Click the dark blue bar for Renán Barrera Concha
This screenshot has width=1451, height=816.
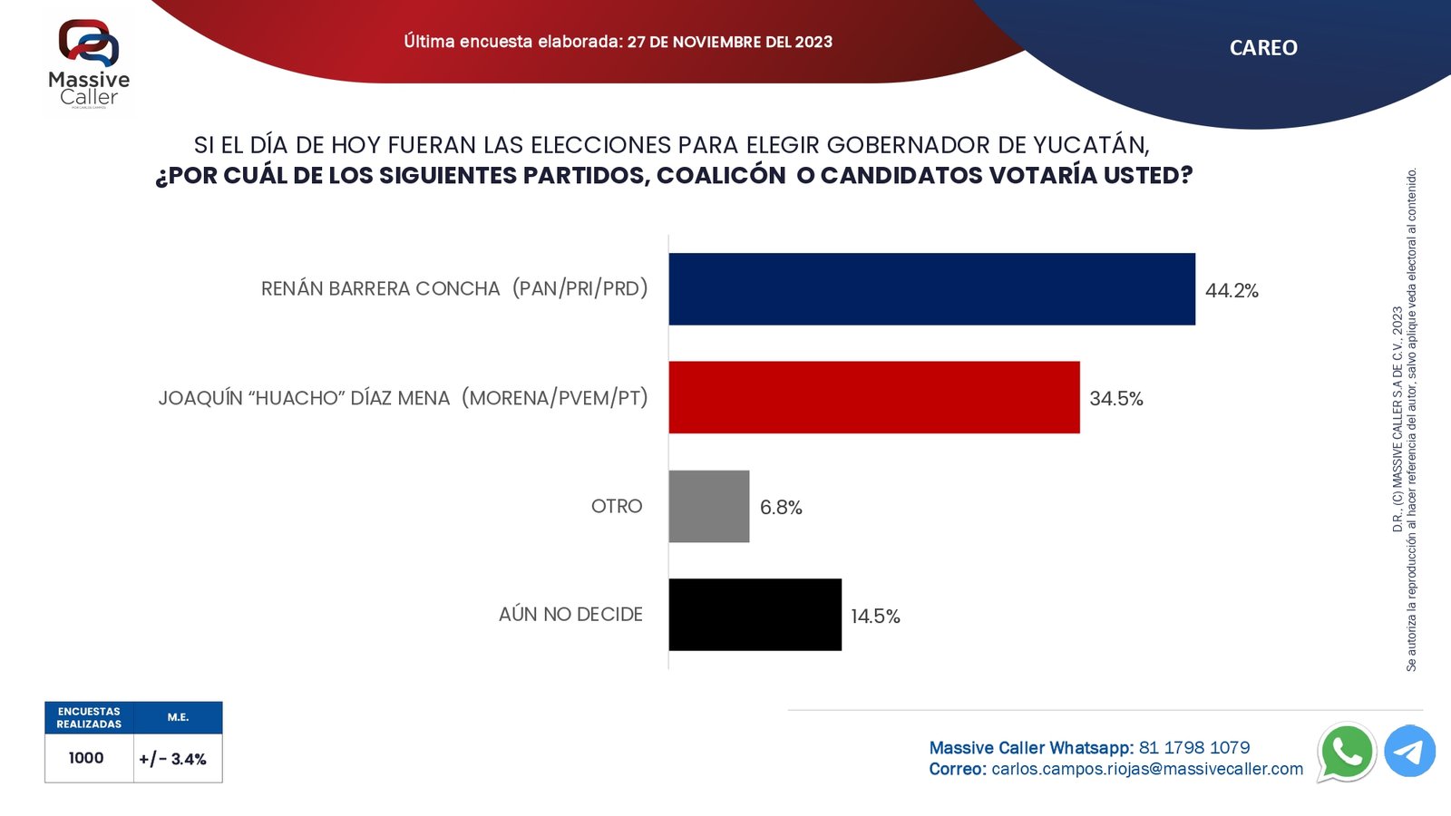(x=931, y=289)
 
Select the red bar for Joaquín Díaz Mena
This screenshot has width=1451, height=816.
(x=874, y=397)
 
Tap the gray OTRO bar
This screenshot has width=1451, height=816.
(x=709, y=506)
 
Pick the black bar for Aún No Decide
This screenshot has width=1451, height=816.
(x=755, y=615)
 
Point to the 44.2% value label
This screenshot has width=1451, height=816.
(x=1232, y=291)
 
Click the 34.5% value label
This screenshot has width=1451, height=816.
(x=1115, y=399)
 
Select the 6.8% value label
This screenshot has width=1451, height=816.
(x=781, y=508)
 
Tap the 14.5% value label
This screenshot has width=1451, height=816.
(x=875, y=617)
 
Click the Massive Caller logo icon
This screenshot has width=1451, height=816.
(x=89, y=43)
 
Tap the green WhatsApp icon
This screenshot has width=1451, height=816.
(x=1347, y=752)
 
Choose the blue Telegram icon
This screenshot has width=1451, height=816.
(x=1409, y=752)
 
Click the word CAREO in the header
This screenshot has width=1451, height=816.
(x=1263, y=48)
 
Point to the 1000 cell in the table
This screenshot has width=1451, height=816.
(x=86, y=758)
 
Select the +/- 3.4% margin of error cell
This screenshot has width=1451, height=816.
(x=173, y=759)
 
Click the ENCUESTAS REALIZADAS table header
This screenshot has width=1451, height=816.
(x=89, y=718)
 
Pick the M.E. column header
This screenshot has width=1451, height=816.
(x=178, y=717)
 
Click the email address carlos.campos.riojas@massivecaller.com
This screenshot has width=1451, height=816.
(x=1147, y=770)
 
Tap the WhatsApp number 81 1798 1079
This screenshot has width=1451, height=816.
(x=1194, y=748)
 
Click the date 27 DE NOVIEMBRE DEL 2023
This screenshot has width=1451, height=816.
(x=729, y=42)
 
